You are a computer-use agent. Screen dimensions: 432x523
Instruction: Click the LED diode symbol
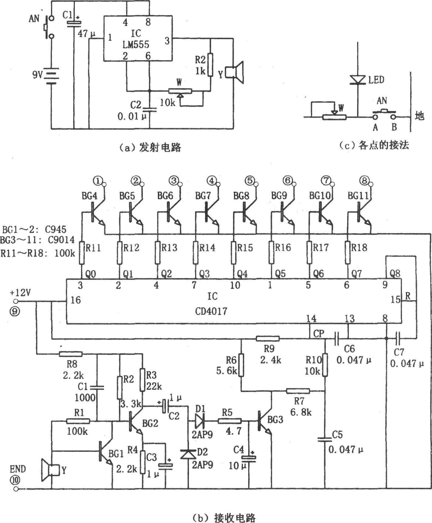pyautogui.click(x=358, y=79)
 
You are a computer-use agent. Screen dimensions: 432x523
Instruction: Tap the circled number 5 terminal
pyautogui.click(x=249, y=181)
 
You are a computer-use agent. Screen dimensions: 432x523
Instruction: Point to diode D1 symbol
pyautogui.click(x=201, y=421)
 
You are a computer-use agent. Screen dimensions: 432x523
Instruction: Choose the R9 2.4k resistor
pyautogui.click(x=268, y=338)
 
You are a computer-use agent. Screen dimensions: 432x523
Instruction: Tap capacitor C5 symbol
pyautogui.click(x=325, y=439)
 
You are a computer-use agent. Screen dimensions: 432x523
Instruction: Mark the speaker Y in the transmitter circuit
pyautogui.click(x=236, y=72)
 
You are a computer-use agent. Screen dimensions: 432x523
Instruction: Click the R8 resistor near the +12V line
pyautogui.click(x=71, y=353)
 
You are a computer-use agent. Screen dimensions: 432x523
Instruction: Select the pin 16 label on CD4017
pyautogui.click(x=76, y=300)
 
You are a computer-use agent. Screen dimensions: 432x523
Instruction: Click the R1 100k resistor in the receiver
pyautogui.click(x=78, y=421)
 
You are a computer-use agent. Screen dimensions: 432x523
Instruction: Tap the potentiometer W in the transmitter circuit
pyautogui.click(x=180, y=91)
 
